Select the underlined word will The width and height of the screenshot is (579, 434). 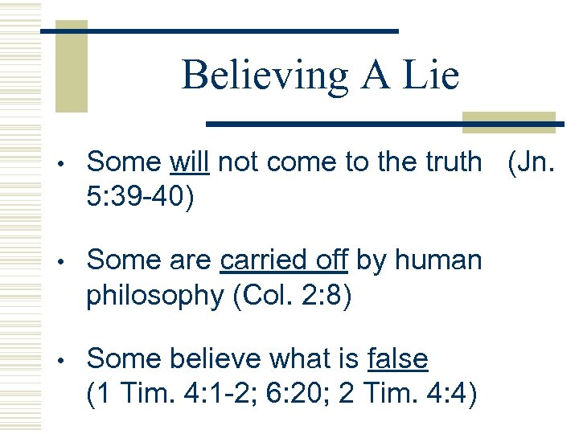(190, 162)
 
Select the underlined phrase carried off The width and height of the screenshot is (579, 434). (283, 260)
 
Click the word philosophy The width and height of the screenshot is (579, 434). (156, 296)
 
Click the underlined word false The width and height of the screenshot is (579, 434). (396, 359)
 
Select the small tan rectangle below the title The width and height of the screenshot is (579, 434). (508, 121)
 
